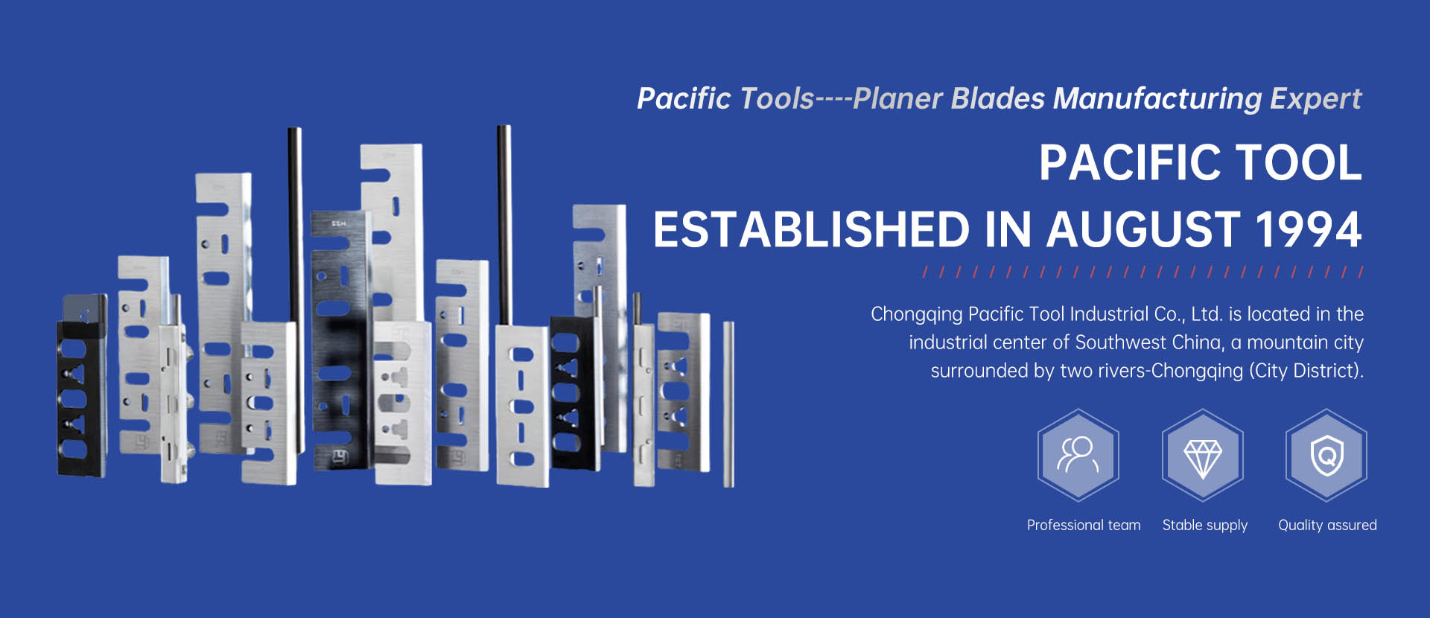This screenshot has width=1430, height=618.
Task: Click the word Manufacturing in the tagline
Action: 1157,98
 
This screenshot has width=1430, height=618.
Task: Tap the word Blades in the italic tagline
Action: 998,98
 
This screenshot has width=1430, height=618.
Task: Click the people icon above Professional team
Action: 1078,455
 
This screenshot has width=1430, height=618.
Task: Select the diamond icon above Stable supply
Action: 1203,455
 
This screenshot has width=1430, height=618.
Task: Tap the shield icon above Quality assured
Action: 1326,455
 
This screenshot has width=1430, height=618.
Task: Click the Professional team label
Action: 1084,525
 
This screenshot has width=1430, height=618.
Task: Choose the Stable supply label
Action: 1205,526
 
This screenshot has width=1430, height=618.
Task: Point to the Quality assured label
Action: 1327,526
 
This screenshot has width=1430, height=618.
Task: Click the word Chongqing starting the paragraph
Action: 916,315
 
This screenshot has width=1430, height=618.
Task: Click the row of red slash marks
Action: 1143,272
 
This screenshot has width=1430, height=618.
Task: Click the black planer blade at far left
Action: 82,385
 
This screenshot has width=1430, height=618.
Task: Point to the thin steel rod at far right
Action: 728,404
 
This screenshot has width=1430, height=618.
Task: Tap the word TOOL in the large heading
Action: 1298,162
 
